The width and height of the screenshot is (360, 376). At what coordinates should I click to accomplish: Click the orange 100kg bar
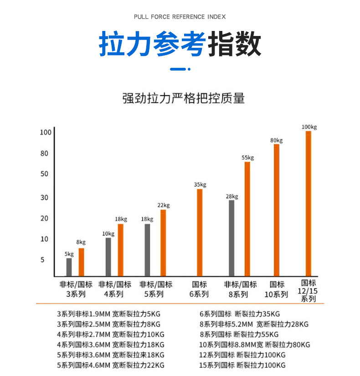[x=308, y=203]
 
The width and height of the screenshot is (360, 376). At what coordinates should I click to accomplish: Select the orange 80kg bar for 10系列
[x=277, y=210]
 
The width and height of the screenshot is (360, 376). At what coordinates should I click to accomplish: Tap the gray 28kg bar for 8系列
[x=231, y=238]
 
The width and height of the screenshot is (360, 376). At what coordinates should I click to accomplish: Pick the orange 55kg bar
[x=247, y=219]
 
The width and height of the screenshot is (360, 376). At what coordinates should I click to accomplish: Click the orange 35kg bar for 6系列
[x=200, y=232]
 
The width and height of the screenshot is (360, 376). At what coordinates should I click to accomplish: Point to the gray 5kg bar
[x=69, y=267]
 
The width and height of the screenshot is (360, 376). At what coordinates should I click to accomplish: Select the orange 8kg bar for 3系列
[x=81, y=262]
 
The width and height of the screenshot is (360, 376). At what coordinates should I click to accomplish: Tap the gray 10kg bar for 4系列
[x=108, y=257]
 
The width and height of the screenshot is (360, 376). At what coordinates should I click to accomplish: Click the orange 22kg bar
[x=163, y=243]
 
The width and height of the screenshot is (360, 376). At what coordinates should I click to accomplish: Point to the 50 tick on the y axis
[x=44, y=174]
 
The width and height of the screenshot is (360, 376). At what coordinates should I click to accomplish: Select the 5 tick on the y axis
[x=43, y=260]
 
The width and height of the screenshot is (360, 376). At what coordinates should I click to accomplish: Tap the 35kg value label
[x=200, y=184]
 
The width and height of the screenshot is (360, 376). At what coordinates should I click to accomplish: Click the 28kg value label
[x=231, y=196]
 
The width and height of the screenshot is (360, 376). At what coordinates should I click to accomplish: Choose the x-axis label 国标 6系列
[x=199, y=289]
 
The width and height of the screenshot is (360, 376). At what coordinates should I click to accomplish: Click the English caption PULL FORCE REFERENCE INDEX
[x=180, y=17]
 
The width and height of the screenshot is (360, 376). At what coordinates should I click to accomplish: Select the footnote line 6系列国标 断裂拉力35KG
[x=240, y=314]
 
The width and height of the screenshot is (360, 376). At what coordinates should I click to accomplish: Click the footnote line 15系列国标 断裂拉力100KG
[x=242, y=365]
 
